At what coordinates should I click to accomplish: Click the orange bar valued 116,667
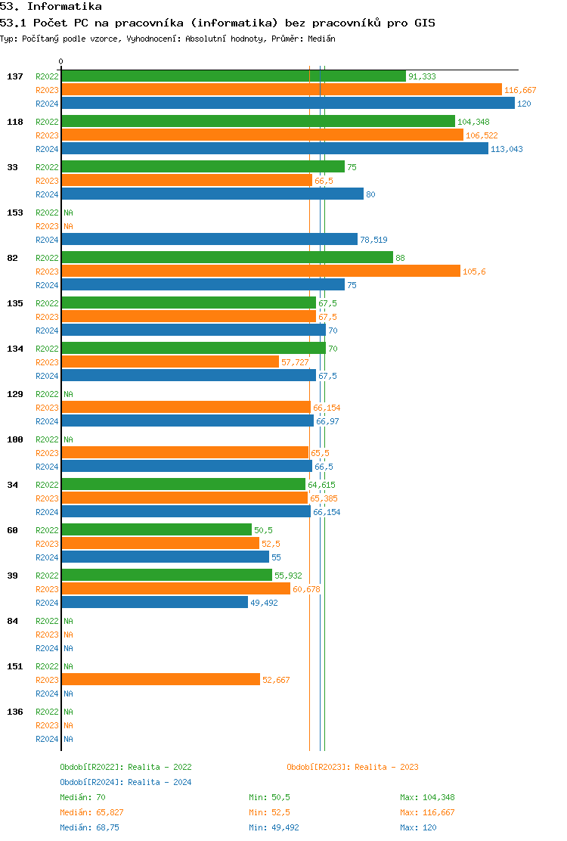(x=281, y=89)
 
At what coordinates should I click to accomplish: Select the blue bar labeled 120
(x=287, y=103)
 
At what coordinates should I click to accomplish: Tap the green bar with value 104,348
(x=258, y=121)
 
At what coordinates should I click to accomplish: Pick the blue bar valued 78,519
(x=209, y=239)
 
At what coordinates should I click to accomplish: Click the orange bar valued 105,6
(x=260, y=271)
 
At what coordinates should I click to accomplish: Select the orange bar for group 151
(x=160, y=679)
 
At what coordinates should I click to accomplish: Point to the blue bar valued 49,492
(x=154, y=602)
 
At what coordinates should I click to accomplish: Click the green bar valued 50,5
(x=156, y=529)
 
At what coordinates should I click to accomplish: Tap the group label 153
(x=13, y=213)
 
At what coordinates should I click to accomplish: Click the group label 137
(x=13, y=76)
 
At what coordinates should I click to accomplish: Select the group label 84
(x=13, y=621)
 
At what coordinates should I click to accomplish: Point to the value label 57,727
(x=296, y=362)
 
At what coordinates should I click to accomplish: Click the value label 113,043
(x=507, y=149)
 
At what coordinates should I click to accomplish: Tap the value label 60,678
(x=306, y=589)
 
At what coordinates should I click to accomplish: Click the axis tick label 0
(x=61, y=61)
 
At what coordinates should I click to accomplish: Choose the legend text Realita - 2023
(x=386, y=767)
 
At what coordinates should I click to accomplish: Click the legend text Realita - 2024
(x=160, y=782)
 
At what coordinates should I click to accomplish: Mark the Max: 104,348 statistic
(x=427, y=797)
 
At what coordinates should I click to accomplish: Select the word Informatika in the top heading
(x=64, y=6)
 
